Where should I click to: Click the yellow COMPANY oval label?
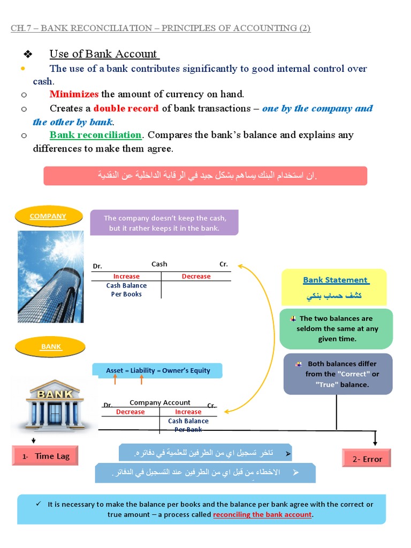pyautogui.click(x=48, y=216)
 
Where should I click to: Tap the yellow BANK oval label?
pyautogui.click(x=51, y=347)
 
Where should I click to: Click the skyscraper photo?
pyautogui.click(x=51, y=276)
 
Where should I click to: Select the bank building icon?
pyautogui.click(x=55, y=405)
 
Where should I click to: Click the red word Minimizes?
pyautogui.click(x=74, y=94)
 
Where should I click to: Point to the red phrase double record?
pyautogui.click(x=126, y=108)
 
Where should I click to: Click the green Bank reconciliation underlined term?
pyautogui.click(x=95, y=135)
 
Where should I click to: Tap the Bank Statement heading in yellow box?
pyautogui.click(x=335, y=280)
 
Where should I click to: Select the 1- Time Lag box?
pyautogui.click(x=47, y=456)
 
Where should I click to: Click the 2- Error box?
pyautogui.click(x=367, y=459)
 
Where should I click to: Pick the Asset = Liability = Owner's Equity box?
pyautogui.click(x=157, y=370)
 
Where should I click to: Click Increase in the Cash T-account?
pyautogui.click(x=126, y=277)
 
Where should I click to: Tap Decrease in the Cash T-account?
pyautogui.click(x=196, y=277)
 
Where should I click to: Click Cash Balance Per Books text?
pyautogui.click(x=126, y=290)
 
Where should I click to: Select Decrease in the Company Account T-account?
pyautogui.click(x=130, y=412)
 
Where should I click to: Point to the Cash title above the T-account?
pyautogui.click(x=159, y=264)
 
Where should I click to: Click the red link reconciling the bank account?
pyautogui.click(x=262, y=514)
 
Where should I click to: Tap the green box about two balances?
pyautogui.click(x=337, y=329)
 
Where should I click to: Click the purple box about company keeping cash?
pyautogui.click(x=164, y=223)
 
